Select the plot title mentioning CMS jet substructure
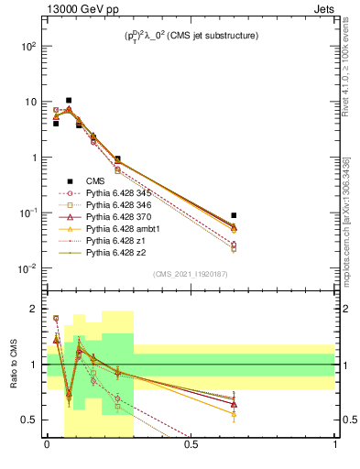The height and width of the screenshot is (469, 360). (191, 37)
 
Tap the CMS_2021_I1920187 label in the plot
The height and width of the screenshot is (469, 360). (190, 273)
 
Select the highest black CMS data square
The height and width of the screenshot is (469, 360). (69, 100)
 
